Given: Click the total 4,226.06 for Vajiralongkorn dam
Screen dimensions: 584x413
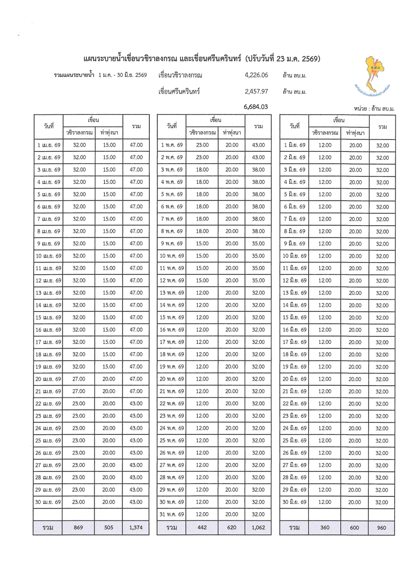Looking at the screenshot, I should coord(257,75).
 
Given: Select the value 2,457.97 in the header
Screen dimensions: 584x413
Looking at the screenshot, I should coord(257,91).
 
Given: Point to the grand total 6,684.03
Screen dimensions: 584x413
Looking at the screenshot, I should coord(257,107).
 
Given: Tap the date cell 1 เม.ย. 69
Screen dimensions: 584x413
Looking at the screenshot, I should coord(47,145).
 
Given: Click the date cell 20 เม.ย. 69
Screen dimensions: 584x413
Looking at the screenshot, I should coord(47,379).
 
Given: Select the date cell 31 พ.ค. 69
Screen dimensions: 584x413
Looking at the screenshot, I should coord(172,514).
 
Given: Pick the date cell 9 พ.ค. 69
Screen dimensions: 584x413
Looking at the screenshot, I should coord(172,244).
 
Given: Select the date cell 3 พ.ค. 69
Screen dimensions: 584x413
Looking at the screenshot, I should coord(172,170).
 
